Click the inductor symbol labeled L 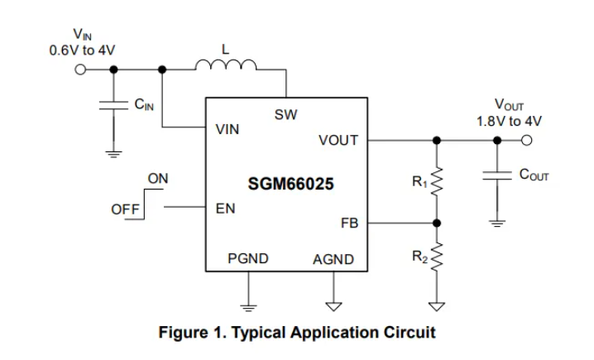coord(226,65)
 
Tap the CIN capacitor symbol coord(113,105)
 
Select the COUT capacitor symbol coord(497,175)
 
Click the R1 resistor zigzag coord(437,181)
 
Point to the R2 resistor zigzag coord(437,257)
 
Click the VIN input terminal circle coord(80,70)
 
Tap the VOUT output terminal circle coord(526,140)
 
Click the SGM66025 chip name coord(290,184)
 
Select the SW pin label coord(286,114)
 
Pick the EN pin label coord(225,209)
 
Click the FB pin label coord(349,223)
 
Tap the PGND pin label coord(248,258)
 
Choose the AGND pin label coord(333,259)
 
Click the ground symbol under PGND coord(248,308)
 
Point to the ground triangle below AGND coord(333,306)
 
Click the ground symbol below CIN coord(113,155)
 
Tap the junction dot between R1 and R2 coord(437,223)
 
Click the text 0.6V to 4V coord(82,50)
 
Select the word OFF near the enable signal coord(125,209)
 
